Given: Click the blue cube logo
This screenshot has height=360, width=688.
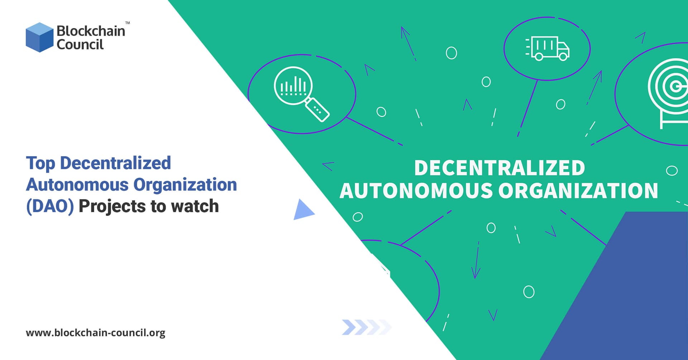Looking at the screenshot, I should click(39, 37).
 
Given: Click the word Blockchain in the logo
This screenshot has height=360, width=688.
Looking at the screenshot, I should click(91, 31).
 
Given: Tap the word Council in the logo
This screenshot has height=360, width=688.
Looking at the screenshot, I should click(80, 45).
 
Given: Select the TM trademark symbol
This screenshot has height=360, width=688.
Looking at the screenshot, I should click(128, 23).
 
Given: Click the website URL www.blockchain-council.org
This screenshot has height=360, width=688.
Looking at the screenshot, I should click(95, 333).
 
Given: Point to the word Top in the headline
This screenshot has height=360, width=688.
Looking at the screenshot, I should click(40, 163).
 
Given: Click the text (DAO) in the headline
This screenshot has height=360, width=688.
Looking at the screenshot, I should click(50, 206).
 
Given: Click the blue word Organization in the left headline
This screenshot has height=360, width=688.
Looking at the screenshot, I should click(185, 185).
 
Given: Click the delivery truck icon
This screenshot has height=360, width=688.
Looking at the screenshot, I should click(547, 48).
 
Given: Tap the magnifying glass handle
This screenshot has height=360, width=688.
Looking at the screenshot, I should click(317, 109).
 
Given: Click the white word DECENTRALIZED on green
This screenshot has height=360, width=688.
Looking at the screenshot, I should click(500, 168).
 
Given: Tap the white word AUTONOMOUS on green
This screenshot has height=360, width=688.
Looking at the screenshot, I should click(416, 191).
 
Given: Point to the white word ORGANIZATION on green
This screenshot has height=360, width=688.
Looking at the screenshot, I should click(578, 191).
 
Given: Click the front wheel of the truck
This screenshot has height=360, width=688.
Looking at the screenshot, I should click(563, 57).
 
